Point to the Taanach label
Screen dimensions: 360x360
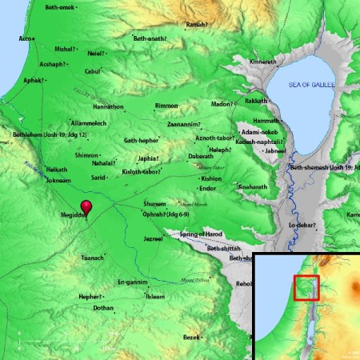tap(92, 258)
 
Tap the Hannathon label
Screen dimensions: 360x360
tap(87, 106)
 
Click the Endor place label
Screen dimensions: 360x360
tap(209, 188)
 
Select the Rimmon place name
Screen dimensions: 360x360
tap(166, 106)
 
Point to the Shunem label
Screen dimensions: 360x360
tap(154, 204)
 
